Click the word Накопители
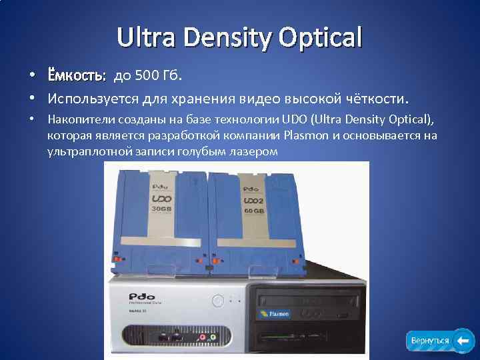click(77, 120)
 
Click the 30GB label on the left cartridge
click(163, 208)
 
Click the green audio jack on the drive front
click(213, 337)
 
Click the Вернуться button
click(430, 341)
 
